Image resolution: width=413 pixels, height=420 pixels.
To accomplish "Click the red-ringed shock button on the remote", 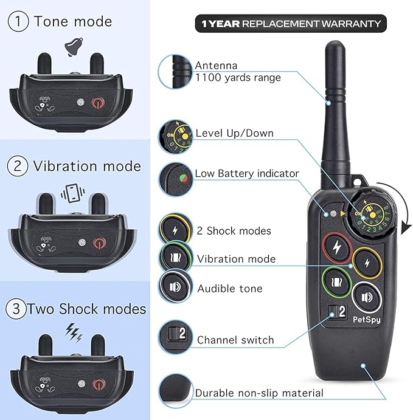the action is (x=336, y=248).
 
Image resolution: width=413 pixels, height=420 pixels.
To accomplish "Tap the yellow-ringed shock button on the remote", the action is (x=367, y=263).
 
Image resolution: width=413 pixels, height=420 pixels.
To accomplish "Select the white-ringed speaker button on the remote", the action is (x=367, y=297).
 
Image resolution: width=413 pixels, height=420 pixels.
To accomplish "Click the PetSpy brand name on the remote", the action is (x=366, y=320).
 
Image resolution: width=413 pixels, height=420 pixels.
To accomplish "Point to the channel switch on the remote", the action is (x=337, y=312).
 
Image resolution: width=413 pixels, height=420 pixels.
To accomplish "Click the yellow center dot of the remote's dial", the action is (x=372, y=215).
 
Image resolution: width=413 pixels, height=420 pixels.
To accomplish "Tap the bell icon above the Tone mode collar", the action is (x=74, y=47).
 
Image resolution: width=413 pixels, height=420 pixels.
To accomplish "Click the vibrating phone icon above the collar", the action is (x=72, y=193).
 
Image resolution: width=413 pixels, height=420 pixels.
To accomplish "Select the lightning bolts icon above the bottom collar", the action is (x=74, y=332).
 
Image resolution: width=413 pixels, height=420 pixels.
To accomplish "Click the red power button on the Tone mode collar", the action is (x=98, y=103).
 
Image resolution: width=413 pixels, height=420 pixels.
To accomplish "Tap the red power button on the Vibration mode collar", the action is (x=99, y=243).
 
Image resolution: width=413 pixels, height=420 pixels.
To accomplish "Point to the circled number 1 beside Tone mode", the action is (x=18, y=21).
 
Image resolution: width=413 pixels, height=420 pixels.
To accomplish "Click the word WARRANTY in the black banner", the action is (x=351, y=24).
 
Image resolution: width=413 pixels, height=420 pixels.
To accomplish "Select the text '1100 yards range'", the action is (x=238, y=78).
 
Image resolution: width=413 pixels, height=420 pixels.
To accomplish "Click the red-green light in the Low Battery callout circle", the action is (x=183, y=178).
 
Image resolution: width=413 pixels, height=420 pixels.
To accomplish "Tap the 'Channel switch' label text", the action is (x=235, y=340).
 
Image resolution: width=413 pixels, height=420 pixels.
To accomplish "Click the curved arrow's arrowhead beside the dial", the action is (x=406, y=229).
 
